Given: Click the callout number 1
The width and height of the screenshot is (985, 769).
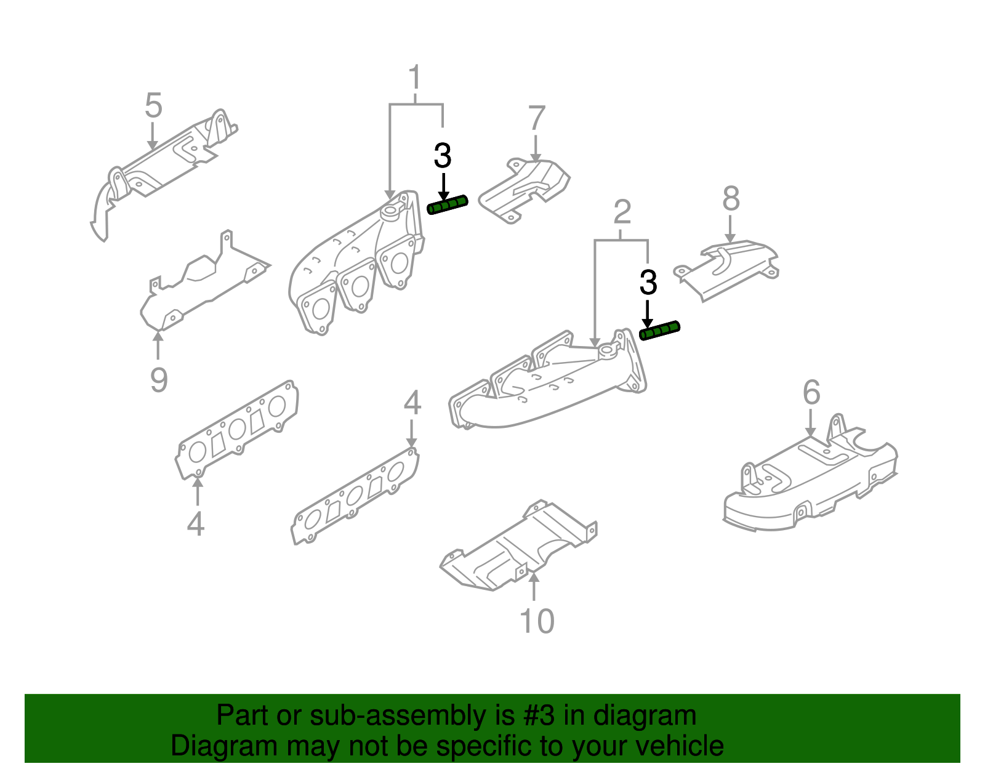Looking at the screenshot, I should pos(415,78).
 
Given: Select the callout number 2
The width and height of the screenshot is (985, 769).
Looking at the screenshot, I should pos(622,212).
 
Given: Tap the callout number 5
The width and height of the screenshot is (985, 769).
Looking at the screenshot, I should pos(153,106).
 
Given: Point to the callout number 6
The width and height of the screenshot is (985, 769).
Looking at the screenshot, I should pos(811,393).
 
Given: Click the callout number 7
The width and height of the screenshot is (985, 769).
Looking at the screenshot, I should pos(537,119).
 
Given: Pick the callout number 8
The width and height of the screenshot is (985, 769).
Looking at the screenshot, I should pos(731,199).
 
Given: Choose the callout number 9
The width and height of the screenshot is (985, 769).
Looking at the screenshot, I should pos(159,380).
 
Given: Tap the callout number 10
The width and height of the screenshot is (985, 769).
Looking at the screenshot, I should pos(537,621).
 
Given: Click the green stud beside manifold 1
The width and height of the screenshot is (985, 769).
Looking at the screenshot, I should pos(448,205).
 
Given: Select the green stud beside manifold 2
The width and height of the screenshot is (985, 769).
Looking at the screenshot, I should pos(659,331).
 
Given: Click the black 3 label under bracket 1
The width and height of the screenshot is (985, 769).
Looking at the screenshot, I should pos(442,156).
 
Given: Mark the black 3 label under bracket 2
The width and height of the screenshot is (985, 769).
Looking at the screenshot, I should pos(648,283).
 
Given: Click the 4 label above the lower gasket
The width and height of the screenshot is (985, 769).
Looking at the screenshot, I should pos(412,403).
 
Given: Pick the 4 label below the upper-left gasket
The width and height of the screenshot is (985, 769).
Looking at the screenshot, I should pos(195,524).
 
